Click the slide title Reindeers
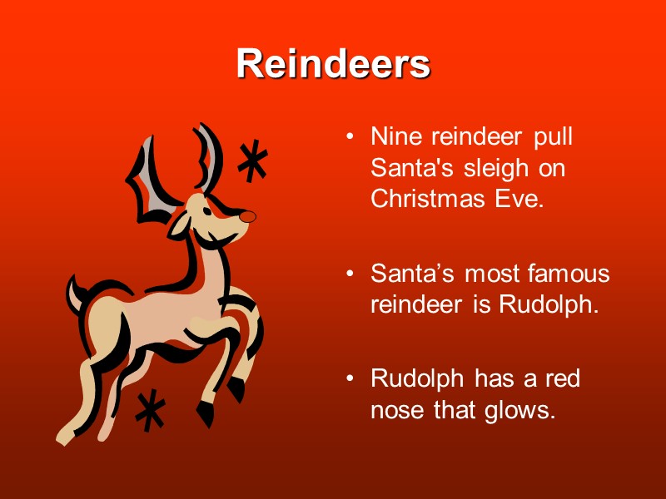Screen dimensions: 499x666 (333, 64)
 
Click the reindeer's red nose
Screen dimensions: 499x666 (247, 216)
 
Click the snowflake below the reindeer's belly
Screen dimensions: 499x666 (150, 410)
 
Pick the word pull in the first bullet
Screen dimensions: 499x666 (554, 136)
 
